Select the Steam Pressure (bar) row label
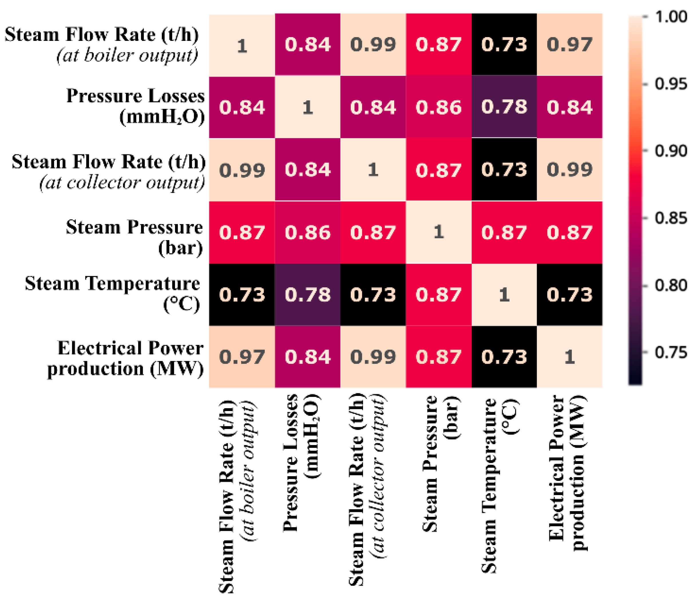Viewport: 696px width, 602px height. click(x=134, y=237)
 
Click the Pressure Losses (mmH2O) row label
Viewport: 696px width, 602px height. click(x=136, y=107)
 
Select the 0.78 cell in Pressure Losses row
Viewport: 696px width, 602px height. click(x=504, y=107)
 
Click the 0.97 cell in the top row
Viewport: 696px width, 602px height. click(x=569, y=45)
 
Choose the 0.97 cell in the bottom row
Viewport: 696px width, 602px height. click(x=242, y=357)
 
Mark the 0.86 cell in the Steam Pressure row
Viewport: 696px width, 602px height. click(x=307, y=232)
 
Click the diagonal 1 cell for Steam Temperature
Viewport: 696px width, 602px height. click(x=504, y=295)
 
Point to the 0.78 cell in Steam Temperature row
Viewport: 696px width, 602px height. click(x=307, y=295)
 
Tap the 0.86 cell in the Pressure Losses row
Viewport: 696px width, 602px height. click(x=439, y=107)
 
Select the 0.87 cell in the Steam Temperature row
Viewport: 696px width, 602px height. click(x=439, y=295)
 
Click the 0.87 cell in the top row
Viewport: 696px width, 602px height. click(x=439, y=45)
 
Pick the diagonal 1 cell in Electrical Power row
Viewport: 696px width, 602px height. click(x=569, y=357)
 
